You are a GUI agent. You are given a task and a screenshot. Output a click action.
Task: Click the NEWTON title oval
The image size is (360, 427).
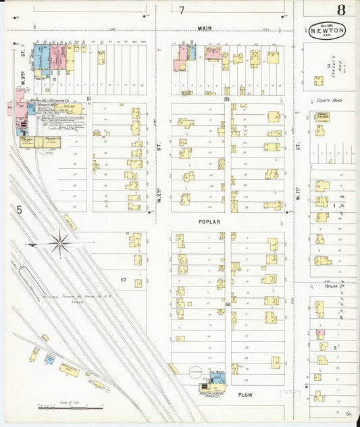coord(329,30)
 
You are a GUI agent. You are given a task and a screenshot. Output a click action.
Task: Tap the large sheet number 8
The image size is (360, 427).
coord(342,9)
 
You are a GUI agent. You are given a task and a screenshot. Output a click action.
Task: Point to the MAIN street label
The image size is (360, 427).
coord(205,28)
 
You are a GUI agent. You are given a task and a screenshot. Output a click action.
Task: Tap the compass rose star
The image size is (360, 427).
coord(59,244)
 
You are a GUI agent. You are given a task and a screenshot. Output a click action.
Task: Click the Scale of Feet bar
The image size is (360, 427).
coord(70,407)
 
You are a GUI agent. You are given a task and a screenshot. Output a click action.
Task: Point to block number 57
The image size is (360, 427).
coord(123,279)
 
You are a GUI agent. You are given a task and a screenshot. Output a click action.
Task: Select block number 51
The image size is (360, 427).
coord(88,99)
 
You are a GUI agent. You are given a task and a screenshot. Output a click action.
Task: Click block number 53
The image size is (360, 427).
coord(227,99)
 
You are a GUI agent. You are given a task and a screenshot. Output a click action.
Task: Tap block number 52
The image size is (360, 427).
coord(228,304)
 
